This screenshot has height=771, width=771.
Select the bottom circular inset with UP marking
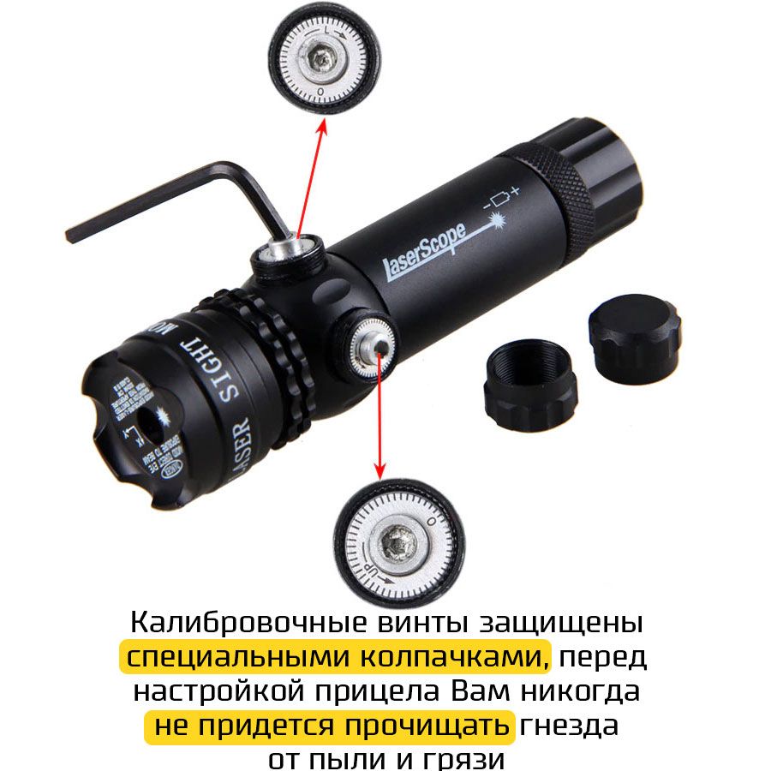[x=395, y=541]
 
